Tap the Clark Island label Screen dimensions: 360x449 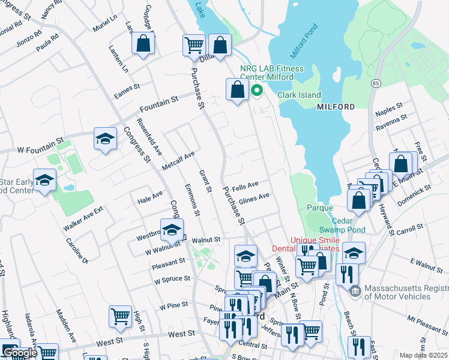tap(299, 95)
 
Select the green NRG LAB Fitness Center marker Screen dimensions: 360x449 tap(257, 91)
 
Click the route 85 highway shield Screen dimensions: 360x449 tap(376, 82)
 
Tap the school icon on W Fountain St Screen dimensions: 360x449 tap(105, 139)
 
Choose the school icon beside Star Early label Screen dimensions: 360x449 tap(44, 179)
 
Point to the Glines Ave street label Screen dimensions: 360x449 tap(254, 198)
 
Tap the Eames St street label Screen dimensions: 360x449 tap(127, 91)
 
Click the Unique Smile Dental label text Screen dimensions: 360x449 tap(315, 244)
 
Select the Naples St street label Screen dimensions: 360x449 tap(389, 109)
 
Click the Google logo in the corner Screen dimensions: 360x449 tap(19, 353)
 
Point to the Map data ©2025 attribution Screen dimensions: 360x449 tap(423, 355)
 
